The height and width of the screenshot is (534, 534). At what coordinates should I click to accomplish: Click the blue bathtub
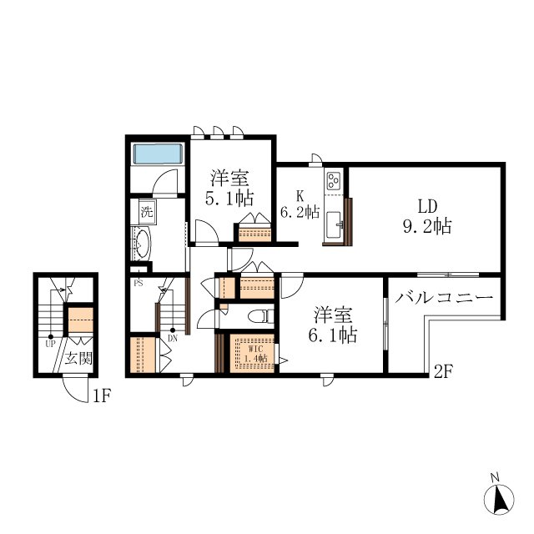tap(158, 154)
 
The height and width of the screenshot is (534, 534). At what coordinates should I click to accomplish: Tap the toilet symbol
tap(261, 316)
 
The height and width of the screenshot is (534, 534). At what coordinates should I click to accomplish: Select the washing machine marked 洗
tap(148, 212)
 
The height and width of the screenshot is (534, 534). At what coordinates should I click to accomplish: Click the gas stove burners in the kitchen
tap(333, 181)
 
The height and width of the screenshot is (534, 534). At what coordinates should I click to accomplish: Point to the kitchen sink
tap(334, 224)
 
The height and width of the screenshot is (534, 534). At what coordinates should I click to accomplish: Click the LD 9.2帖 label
tap(427, 217)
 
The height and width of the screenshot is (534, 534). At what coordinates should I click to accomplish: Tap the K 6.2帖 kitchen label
tap(300, 204)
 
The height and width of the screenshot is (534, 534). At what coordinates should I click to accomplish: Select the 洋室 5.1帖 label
tap(229, 189)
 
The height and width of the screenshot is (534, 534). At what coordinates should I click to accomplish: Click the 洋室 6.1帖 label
tap(333, 325)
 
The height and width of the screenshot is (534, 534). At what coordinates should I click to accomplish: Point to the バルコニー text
tap(444, 298)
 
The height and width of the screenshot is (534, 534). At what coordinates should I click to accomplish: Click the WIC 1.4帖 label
tap(256, 354)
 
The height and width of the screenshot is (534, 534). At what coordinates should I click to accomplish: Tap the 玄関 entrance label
tap(78, 358)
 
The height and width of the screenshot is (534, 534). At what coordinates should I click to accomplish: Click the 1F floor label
tap(102, 396)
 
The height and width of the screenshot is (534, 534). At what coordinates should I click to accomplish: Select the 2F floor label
tap(443, 371)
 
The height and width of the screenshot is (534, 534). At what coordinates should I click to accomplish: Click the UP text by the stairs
tap(50, 344)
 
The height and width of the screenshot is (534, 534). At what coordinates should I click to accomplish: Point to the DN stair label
tap(173, 338)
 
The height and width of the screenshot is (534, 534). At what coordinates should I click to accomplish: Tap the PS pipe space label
tap(139, 283)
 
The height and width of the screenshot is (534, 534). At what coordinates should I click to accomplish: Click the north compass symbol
tap(499, 499)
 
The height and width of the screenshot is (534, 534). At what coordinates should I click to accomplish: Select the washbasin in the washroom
tap(141, 243)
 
